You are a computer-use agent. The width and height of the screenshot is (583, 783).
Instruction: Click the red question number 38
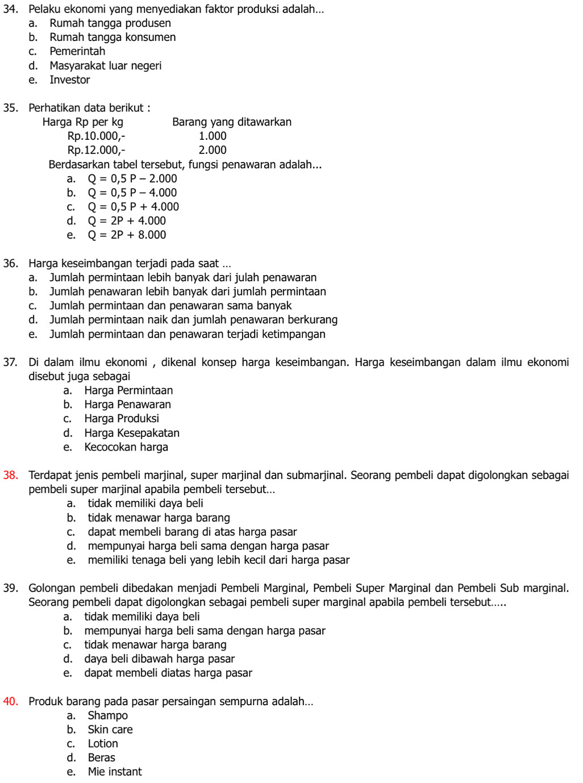(x=10, y=475)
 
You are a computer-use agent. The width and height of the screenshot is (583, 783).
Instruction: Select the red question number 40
(x=10, y=701)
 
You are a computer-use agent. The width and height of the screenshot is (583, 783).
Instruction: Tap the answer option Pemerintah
(x=77, y=51)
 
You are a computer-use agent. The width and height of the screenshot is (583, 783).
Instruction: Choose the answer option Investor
(x=69, y=80)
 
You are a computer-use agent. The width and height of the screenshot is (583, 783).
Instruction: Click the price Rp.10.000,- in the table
(x=96, y=136)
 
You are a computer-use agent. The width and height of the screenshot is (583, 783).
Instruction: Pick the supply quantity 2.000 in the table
(x=213, y=150)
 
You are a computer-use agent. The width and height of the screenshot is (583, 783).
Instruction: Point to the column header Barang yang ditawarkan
(x=232, y=122)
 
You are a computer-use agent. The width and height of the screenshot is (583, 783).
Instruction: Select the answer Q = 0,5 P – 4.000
(x=132, y=193)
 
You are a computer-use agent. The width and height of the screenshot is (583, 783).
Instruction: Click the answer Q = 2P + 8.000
(x=127, y=235)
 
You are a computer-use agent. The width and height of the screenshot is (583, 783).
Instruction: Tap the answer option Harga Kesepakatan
(x=132, y=433)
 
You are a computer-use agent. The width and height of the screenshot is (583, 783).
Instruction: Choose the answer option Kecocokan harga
(x=126, y=447)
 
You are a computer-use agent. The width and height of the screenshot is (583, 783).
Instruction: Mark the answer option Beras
(x=101, y=757)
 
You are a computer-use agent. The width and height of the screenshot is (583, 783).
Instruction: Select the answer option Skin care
(x=110, y=730)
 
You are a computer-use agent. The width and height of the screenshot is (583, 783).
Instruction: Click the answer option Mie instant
(x=115, y=772)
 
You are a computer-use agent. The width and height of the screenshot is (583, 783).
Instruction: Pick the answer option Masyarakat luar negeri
(x=105, y=65)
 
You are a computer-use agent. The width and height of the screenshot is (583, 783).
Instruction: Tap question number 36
(x=10, y=263)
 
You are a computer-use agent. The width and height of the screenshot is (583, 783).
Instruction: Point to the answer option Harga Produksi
(x=122, y=419)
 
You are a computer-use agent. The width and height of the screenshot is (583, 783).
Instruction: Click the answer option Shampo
(x=107, y=715)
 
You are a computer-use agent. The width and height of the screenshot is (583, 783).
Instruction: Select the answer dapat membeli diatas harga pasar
(x=168, y=673)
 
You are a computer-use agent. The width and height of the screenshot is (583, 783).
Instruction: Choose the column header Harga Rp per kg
(x=83, y=122)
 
